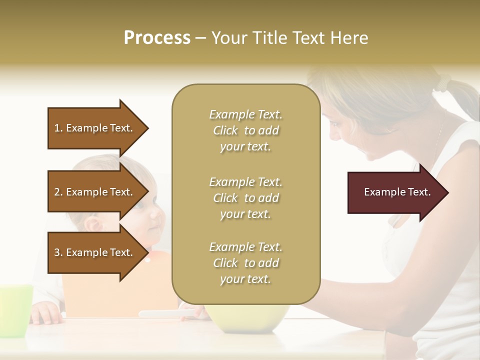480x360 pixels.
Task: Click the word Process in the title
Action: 157,37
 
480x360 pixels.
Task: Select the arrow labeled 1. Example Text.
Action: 95,128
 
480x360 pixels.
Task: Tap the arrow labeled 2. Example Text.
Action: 95,192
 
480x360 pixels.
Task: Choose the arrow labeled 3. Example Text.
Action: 95,252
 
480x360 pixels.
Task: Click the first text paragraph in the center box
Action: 245,130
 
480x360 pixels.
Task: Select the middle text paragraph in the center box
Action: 245,198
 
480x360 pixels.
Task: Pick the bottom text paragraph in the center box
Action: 245,263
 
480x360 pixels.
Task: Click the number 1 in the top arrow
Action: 57,128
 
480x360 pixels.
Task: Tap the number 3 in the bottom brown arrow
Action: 57,252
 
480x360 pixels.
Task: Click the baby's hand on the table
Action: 46,314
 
